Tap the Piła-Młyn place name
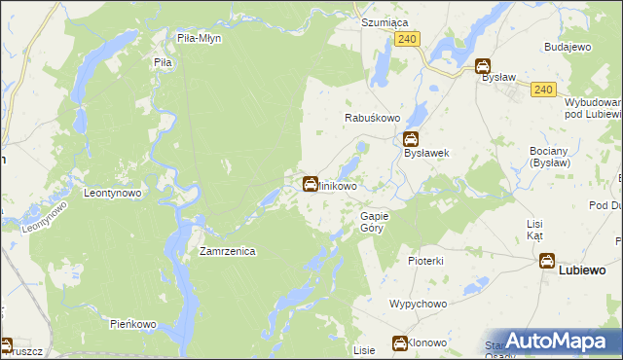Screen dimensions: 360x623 [202, 38]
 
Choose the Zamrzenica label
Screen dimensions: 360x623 [227, 251]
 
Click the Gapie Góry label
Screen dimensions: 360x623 [375, 221]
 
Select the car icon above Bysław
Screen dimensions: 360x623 [483, 66]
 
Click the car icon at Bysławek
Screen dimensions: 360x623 [412, 139]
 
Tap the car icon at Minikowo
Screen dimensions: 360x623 [311, 183]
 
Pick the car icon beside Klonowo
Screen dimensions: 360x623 [399, 342]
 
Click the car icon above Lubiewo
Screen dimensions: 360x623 [547, 261]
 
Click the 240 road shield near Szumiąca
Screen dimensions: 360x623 [408, 38]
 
